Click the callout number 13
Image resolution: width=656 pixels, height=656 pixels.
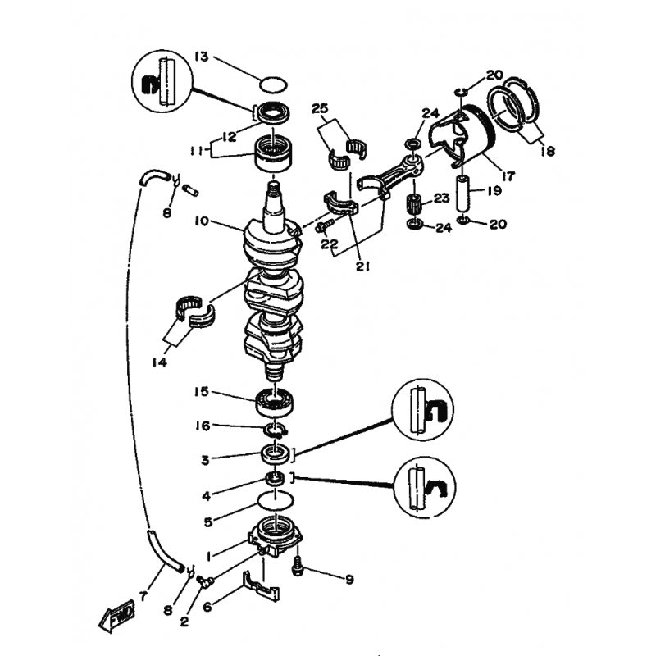coord(201,57)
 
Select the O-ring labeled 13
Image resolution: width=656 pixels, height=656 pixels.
coord(273,84)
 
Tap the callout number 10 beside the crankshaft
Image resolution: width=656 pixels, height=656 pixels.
coord(201,221)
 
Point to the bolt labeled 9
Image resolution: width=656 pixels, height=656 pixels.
coord(298,566)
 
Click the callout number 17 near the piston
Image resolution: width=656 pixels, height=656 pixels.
coord(508,176)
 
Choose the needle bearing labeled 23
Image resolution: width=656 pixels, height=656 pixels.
coord(414,204)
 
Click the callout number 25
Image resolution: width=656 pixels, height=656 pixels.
coord(320,109)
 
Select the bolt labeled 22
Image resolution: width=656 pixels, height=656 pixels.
coord(324,226)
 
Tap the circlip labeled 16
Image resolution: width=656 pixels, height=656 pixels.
coord(275,430)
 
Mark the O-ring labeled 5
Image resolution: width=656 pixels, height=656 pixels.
coord(276,500)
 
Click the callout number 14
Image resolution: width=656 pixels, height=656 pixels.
coord(159,362)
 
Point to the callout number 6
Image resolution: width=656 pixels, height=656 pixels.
coord(207,606)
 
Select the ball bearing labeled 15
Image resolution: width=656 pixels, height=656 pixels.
coord(275,402)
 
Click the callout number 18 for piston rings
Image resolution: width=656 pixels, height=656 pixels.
coord(548,151)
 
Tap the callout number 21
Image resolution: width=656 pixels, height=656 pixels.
coord(362,266)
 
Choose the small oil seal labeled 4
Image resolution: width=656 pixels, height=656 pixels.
coord(276,478)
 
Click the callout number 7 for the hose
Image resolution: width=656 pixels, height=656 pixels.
coord(143,596)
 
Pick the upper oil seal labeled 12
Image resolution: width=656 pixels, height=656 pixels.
coord(275,113)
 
